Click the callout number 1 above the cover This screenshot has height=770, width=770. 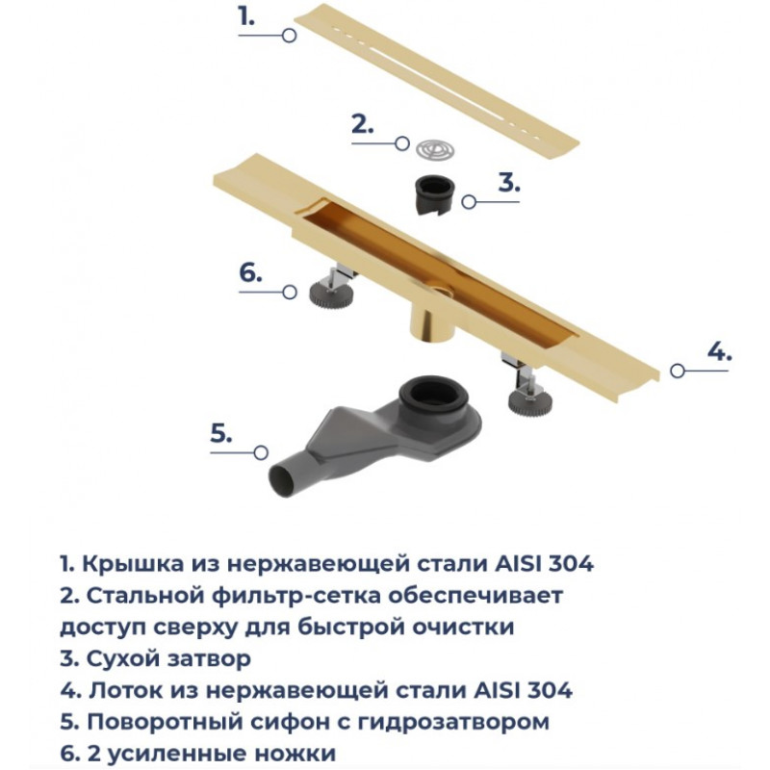[246, 17]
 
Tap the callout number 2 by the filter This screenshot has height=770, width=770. [363, 124]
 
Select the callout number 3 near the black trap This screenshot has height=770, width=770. [509, 182]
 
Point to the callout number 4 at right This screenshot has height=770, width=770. [719, 351]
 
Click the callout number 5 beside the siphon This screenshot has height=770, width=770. [221, 434]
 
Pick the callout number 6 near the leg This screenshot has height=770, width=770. [250, 272]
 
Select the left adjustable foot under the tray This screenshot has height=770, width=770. [331, 291]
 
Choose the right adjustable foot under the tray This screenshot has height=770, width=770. [527, 391]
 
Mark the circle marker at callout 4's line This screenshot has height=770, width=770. [678, 371]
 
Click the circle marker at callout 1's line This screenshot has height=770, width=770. [290, 36]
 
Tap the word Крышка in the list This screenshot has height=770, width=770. [133, 564]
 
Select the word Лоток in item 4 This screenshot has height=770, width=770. [125, 690]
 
